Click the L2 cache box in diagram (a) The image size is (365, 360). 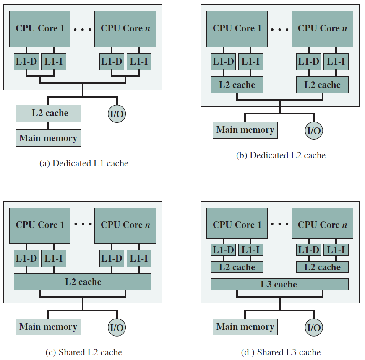[48, 113]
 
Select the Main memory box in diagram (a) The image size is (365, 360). [48, 138]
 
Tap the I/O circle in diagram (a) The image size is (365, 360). [117, 114]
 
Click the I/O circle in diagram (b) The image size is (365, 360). [314, 130]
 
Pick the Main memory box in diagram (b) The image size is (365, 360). [245, 130]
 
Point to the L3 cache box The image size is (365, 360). [280, 284]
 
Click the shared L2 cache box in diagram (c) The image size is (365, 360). [83, 282]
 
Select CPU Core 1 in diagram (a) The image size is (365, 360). [40, 29]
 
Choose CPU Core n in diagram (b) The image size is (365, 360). [322, 29]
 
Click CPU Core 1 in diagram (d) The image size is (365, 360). [237, 223]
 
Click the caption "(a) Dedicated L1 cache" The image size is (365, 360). [84, 163]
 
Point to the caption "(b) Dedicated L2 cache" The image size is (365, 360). [281, 155]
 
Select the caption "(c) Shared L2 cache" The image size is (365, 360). [84, 352]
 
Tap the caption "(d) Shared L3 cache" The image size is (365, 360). [281, 352]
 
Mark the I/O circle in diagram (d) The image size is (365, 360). [314, 327]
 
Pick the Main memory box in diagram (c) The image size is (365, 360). [48, 327]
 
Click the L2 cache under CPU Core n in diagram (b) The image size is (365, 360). [322, 85]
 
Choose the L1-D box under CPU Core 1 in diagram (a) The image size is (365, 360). [26, 62]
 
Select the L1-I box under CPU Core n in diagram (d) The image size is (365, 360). [336, 250]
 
